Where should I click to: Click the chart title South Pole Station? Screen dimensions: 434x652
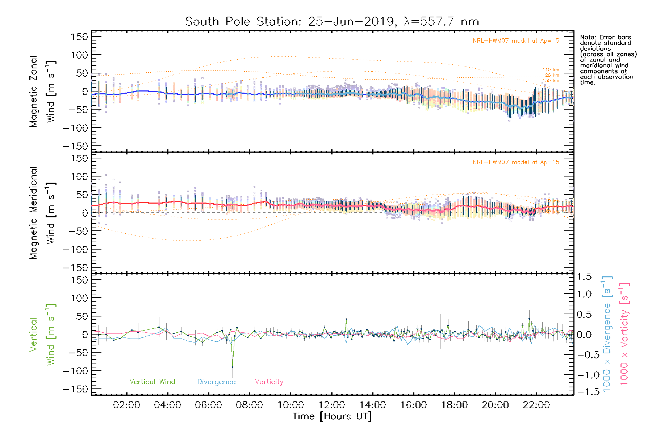pos(332,22)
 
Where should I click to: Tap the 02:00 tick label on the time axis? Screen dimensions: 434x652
pos(126,405)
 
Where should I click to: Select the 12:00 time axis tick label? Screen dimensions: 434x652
pos(331,405)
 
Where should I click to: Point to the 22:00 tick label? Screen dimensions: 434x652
pos(536,405)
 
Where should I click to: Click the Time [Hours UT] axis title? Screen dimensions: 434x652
pos(332,416)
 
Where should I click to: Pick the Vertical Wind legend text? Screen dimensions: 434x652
pos(152,382)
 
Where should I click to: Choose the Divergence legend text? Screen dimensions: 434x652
pos(216,382)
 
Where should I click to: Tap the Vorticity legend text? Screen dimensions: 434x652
pos(269,382)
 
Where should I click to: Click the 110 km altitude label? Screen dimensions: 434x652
pos(551,70)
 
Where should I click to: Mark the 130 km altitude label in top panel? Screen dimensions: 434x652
pos(551,81)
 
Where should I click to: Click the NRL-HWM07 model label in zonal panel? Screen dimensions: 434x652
pos(516,41)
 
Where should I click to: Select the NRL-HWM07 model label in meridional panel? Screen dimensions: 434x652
pos(516,162)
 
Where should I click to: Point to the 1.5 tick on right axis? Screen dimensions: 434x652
pos(584,277)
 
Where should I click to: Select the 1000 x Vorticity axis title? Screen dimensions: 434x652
pos(624,333)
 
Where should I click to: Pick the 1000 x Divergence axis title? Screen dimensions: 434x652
pos(607,333)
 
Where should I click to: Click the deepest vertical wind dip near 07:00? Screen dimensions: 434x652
pos(233,367)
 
